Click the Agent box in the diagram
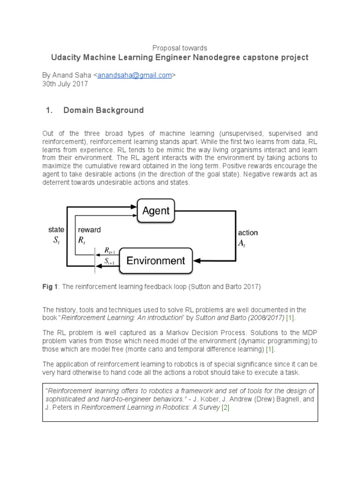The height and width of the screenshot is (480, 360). tap(156, 211)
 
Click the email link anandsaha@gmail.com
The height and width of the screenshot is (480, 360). tap(134, 75)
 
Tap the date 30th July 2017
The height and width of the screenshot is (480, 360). tap(65, 84)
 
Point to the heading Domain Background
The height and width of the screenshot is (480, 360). tap(103, 111)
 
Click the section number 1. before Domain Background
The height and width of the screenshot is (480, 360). tap(48, 111)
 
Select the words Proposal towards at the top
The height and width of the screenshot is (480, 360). tap(180, 48)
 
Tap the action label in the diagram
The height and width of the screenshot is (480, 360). tap(248, 232)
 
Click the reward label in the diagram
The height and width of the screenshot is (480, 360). tap(89, 230)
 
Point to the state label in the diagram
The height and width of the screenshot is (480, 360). tap(56, 230)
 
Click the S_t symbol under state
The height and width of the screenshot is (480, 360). tap(55, 240)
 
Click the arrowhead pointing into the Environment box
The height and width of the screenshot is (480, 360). tap(197, 261)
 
